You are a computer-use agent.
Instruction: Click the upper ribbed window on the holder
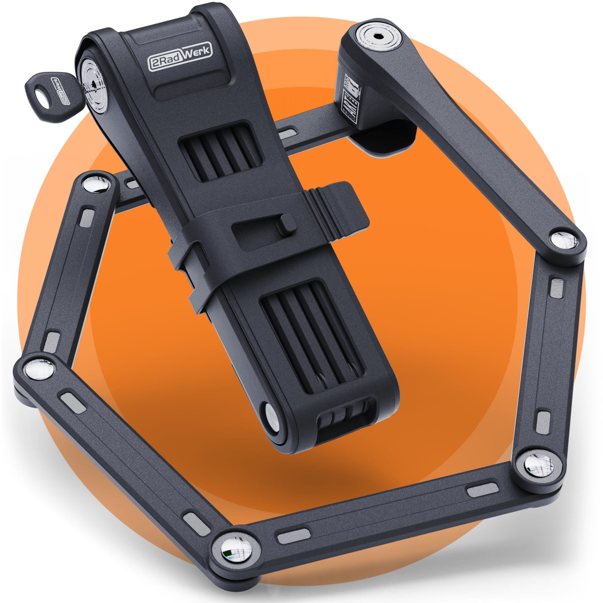[x=220, y=152]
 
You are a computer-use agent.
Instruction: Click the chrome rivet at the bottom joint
[x=236, y=548]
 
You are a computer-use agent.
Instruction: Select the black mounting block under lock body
[x=387, y=137]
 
